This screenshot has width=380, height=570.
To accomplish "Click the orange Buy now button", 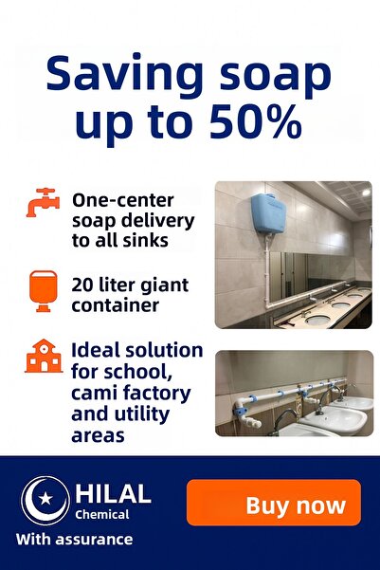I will click(273, 504).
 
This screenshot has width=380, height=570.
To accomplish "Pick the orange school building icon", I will click(43, 358).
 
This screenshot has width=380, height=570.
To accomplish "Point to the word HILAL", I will click(113, 493).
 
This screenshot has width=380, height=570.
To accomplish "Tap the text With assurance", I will click(75, 540).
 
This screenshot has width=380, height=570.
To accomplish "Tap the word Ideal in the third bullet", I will click(96, 350).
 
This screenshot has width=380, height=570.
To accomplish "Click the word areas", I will click(98, 435).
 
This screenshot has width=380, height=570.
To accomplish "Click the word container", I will click(115, 305).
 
